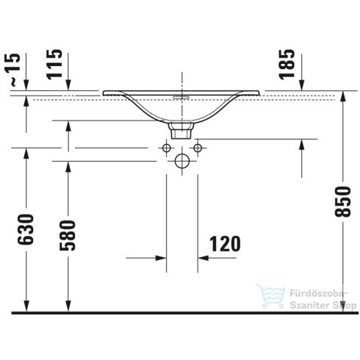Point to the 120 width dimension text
point(225,243)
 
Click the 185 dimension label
point(287,64)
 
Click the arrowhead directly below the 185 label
point(287,87)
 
